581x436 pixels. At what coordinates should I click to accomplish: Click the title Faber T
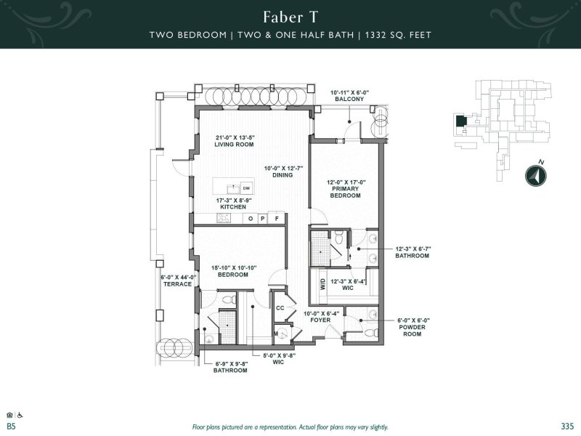(290, 17)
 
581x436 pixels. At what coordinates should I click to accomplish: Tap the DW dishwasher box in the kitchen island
(246, 188)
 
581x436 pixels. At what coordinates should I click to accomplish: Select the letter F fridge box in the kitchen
(276, 218)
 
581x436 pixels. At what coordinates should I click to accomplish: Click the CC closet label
(279, 307)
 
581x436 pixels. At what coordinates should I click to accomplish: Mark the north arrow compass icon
(535, 175)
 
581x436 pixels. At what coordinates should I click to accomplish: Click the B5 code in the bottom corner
(11, 426)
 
